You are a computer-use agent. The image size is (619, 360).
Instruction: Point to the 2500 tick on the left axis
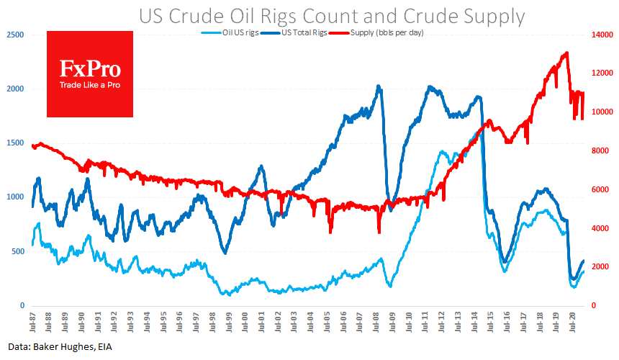(14, 35)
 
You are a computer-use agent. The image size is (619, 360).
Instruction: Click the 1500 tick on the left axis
(14, 143)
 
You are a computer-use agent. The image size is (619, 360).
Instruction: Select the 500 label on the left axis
(17, 251)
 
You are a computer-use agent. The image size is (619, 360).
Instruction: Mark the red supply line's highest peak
(567, 53)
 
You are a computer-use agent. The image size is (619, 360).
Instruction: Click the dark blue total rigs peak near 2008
(379, 86)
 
